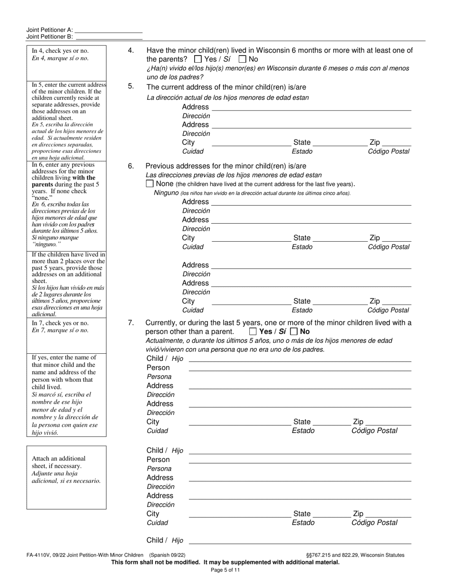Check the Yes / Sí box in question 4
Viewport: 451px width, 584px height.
[198, 59]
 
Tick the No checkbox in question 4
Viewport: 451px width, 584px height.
[242, 59]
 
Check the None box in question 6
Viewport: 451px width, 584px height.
[150, 184]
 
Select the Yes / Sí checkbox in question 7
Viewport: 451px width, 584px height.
[253, 331]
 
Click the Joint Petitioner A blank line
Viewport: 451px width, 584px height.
[109, 30]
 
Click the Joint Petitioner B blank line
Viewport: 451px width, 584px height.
[109, 37]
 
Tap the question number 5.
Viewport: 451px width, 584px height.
[131, 86]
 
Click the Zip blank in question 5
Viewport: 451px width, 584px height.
[396, 143]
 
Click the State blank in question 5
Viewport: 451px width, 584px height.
[339, 143]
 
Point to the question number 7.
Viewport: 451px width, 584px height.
[131, 323]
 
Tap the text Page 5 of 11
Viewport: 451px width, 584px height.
[225, 570]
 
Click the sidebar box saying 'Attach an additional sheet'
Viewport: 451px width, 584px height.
[66, 477]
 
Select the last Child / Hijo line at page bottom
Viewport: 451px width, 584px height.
[300, 540]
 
